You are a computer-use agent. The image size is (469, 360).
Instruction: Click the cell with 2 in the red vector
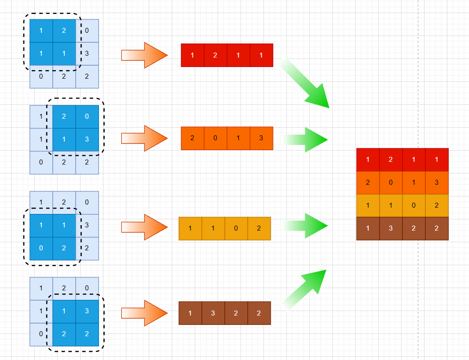tap(215, 55)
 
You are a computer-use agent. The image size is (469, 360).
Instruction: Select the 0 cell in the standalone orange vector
tap(215, 138)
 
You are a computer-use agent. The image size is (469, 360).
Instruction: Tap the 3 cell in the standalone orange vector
tap(261, 138)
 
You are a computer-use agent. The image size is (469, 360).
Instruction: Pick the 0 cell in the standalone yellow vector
tap(236, 228)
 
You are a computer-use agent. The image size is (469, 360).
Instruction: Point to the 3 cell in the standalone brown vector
tap(213, 313)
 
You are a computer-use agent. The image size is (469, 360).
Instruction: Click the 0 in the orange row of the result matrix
tap(391, 183)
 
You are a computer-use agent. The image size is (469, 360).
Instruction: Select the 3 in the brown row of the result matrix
tap(391, 229)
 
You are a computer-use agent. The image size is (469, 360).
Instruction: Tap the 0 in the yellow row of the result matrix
tap(414, 206)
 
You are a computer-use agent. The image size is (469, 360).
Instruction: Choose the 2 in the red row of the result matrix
tap(391, 160)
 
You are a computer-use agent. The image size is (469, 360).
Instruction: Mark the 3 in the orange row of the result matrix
tap(437, 183)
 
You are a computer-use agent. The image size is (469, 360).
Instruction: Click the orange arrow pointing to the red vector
tap(144, 55)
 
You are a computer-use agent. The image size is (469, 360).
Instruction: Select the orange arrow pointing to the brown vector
tap(144, 313)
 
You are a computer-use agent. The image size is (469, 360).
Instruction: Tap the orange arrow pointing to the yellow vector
tap(144, 227)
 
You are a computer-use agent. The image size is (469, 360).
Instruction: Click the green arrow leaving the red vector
tap(306, 84)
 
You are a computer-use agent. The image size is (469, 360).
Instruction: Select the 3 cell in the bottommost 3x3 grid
tap(87, 311)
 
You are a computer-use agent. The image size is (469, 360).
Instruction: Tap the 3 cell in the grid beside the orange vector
tap(87, 139)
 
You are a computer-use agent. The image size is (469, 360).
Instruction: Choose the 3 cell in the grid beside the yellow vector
tap(87, 225)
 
